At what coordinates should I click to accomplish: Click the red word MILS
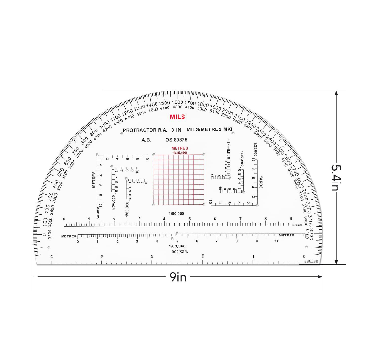click(x=177, y=117)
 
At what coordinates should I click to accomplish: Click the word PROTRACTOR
click(x=139, y=130)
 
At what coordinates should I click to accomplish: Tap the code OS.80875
click(x=176, y=140)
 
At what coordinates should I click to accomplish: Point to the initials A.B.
click(x=146, y=140)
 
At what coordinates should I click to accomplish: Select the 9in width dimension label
click(x=178, y=277)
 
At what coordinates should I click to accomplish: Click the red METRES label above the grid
click(x=179, y=148)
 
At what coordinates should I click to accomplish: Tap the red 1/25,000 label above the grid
click(x=179, y=152)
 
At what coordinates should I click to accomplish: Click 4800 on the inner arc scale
click(x=177, y=107)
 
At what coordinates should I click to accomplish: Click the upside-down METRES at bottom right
click(x=312, y=260)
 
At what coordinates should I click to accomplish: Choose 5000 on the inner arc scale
click(x=202, y=109)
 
